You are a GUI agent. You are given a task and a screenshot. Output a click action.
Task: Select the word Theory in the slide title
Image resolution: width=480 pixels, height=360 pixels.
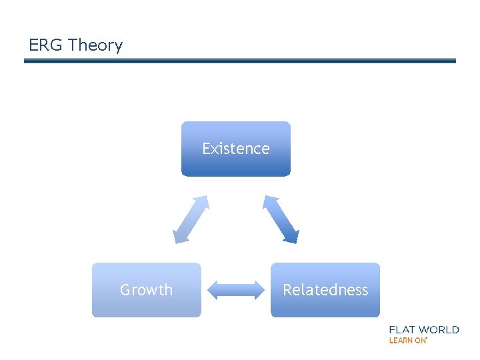pos(95,45)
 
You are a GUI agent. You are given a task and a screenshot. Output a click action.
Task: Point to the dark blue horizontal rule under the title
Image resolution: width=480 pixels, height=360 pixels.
pos(240,61)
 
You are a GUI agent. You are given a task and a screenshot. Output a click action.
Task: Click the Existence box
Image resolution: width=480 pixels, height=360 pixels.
pos(236,149)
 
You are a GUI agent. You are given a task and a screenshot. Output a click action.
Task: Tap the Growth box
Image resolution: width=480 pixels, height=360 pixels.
pos(146,290)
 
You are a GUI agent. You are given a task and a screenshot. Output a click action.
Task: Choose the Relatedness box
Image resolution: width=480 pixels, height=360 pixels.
pos(325,290)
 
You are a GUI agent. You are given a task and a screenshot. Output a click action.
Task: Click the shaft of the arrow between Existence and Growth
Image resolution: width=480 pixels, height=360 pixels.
pos(191,219)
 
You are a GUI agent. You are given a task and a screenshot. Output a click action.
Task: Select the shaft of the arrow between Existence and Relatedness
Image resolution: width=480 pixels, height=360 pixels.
pos(281,219)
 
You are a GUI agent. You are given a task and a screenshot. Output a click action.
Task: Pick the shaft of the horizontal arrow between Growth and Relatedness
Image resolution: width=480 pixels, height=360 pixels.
pos(236,289)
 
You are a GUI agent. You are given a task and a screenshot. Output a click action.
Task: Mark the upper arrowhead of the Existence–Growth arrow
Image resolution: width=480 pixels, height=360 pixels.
pos(203,201)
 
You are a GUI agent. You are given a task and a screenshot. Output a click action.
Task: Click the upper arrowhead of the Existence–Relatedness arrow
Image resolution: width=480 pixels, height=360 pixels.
pos(269,201)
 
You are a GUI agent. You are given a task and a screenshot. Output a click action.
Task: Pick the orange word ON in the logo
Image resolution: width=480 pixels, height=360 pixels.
pos(420,340)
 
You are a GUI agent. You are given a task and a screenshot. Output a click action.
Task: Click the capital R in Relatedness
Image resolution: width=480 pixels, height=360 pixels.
pos(287,290)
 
